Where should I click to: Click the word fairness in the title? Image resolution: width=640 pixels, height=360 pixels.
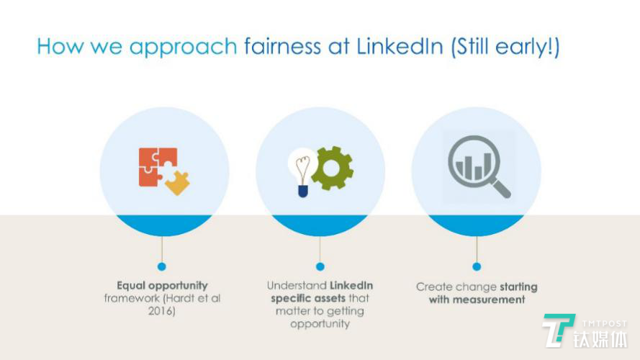pos(282,45)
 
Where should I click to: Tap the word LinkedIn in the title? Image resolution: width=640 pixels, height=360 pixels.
pos(400,45)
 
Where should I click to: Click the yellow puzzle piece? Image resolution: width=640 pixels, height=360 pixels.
pos(178,182)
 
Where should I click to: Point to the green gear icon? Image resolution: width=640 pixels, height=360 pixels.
pos(333,168)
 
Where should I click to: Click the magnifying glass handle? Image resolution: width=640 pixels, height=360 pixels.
pos(501,189)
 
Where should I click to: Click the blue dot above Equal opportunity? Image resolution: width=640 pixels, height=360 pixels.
pos(162,266)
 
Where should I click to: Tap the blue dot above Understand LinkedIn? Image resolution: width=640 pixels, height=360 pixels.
pos(320,266)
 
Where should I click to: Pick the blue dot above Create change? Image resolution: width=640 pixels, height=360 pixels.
pos(477,266)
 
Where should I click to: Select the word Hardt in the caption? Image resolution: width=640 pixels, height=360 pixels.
pos(177,298)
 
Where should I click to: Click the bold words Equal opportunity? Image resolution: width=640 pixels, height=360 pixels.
pos(162,285)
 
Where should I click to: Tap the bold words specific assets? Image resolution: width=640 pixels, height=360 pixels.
pos(308,298)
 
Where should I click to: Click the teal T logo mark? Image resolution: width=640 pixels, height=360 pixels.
pos(557,330)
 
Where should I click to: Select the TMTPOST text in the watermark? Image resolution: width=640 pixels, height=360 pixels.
pos(604,324)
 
